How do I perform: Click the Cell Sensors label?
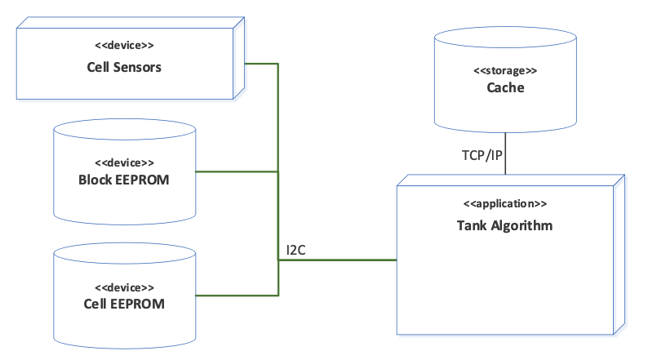(x=124, y=67)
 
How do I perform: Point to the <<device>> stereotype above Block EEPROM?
(x=124, y=162)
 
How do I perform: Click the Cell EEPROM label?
(x=124, y=304)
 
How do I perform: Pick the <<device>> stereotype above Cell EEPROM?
(x=124, y=287)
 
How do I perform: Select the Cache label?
(x=505, y=88)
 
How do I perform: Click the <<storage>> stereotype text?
(x=505, y=70)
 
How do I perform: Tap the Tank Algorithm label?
(x=504, y=225)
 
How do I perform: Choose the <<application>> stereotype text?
(x=505, y=203)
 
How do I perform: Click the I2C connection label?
(x=295, y=251)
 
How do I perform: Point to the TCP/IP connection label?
(x=482, y=156)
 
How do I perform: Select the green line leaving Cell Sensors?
(x=261, y=64)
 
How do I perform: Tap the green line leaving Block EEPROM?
(x=237, y=171)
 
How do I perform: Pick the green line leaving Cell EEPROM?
(x=237, y=295)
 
